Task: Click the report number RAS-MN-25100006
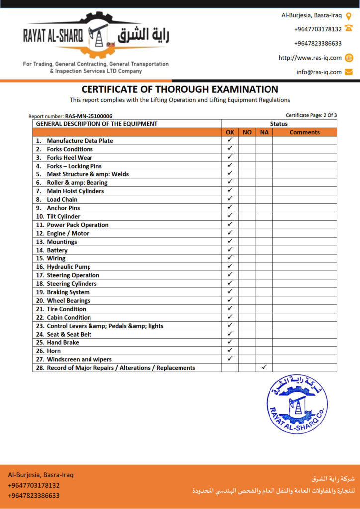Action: (x=89, y=116)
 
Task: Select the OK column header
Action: (x=230, y=132)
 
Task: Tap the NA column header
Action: (x=264, y=132)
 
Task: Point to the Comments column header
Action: (x=304, y=132)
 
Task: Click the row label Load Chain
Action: (x=62, y=199)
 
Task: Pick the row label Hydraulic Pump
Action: (x=69, y=267)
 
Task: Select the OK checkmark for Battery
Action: (x=230, y=250)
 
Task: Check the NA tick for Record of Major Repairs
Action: (x=264, y=367)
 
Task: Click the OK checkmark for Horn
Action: (x=230, y=350)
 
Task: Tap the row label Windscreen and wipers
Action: (x=79, y=359)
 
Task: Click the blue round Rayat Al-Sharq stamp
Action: (x=296, y=405)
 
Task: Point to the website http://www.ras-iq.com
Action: (x=310, y=58)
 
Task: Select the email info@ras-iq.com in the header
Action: (x=319, y=72)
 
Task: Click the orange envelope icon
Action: (x=349, y=72)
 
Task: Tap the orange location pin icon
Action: (x=349, y=16)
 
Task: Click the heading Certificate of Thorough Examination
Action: (x=180, y=89)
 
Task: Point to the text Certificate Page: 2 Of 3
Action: (x=311, y=115)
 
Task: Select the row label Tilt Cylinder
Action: (x=63, y=216)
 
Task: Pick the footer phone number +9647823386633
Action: (x=34, y=495)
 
